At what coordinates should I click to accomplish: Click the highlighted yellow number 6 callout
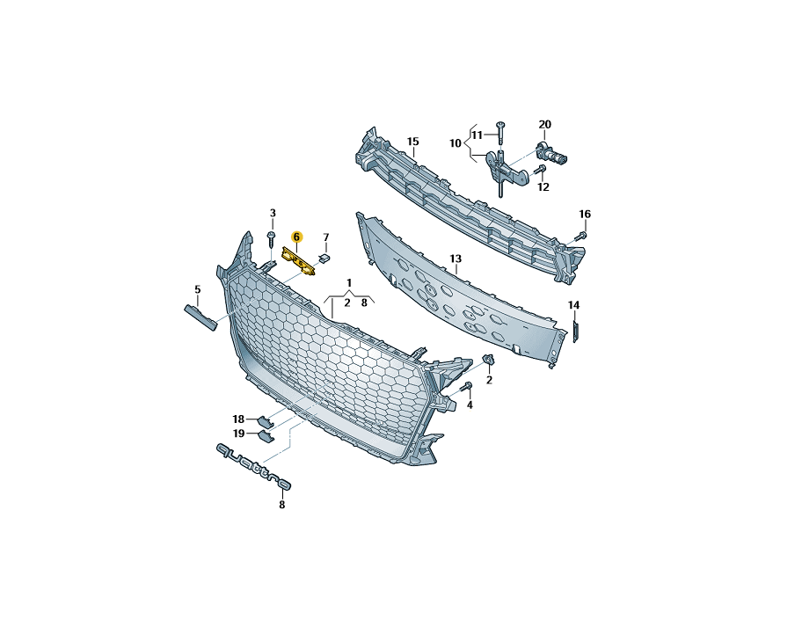(296, 237)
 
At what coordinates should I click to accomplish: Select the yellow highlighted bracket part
(299, 261)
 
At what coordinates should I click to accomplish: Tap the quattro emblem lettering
(253, 467)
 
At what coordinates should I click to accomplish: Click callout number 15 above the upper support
(412, 142)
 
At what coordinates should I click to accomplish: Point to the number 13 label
(456, 259)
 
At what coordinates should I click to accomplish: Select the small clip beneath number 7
(324, 258)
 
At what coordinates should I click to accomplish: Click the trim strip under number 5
(200, 317)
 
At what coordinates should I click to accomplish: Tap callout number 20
(545, 124)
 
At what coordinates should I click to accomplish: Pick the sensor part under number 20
(551, 153)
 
